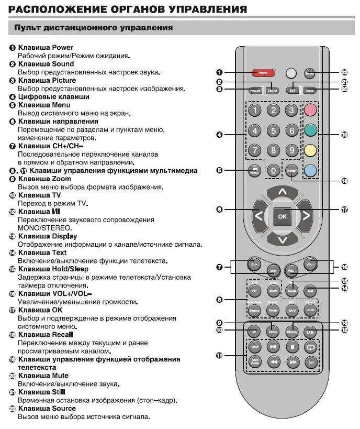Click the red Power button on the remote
[x=263, y=73]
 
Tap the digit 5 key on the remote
[x=273, y=130]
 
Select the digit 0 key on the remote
[x=273, y=170]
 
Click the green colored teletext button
[x=311, y=130]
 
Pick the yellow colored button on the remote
[x=311, y=150]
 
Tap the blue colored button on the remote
[x=311, y=170]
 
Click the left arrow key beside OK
[x=259, y=215]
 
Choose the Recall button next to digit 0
[x=291, y=170]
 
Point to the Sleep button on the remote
[x=292, y=289]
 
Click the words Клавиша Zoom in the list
[x=44, y=179]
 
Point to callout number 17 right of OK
[x=344, y=210]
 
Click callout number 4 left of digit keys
[x=220, y=135]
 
